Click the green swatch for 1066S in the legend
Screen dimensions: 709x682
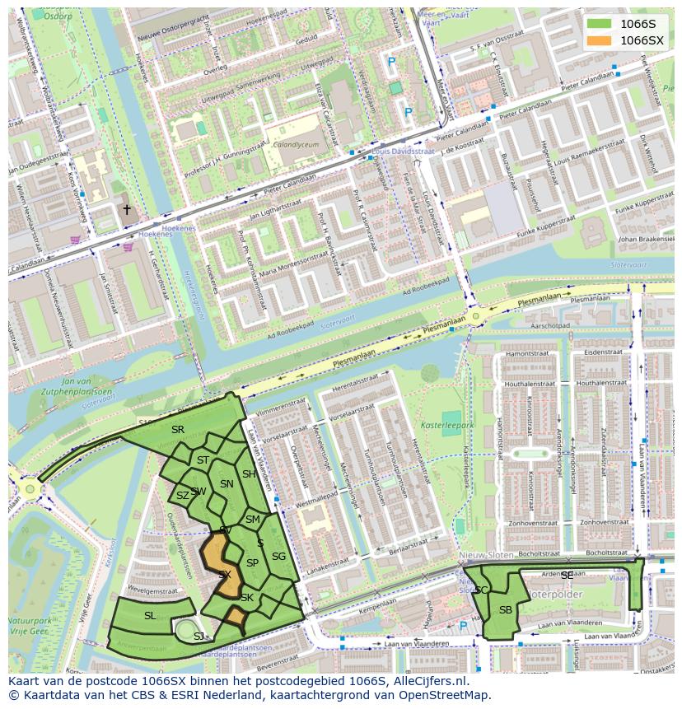tap(600, 23)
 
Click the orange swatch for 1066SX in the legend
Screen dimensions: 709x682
tap(600, 40)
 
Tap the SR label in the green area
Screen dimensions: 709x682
tap(178, 430)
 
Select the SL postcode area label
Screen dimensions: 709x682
tap(150, 616)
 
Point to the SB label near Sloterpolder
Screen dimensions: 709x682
tap(506, 609)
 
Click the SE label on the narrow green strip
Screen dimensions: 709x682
tap(567, 576)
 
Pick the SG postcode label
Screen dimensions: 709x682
tap(278, 557)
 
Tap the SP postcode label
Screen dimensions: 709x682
tap(253, 563)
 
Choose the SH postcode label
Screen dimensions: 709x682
tap(249, 474)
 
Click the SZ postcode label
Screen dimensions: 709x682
tap(182, 496)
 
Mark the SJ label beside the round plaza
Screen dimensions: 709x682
tap(199, 637)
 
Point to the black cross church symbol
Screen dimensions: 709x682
tap(127, 210)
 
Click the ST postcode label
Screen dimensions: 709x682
tap(203, 460)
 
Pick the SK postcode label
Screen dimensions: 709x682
tap(247, 598)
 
